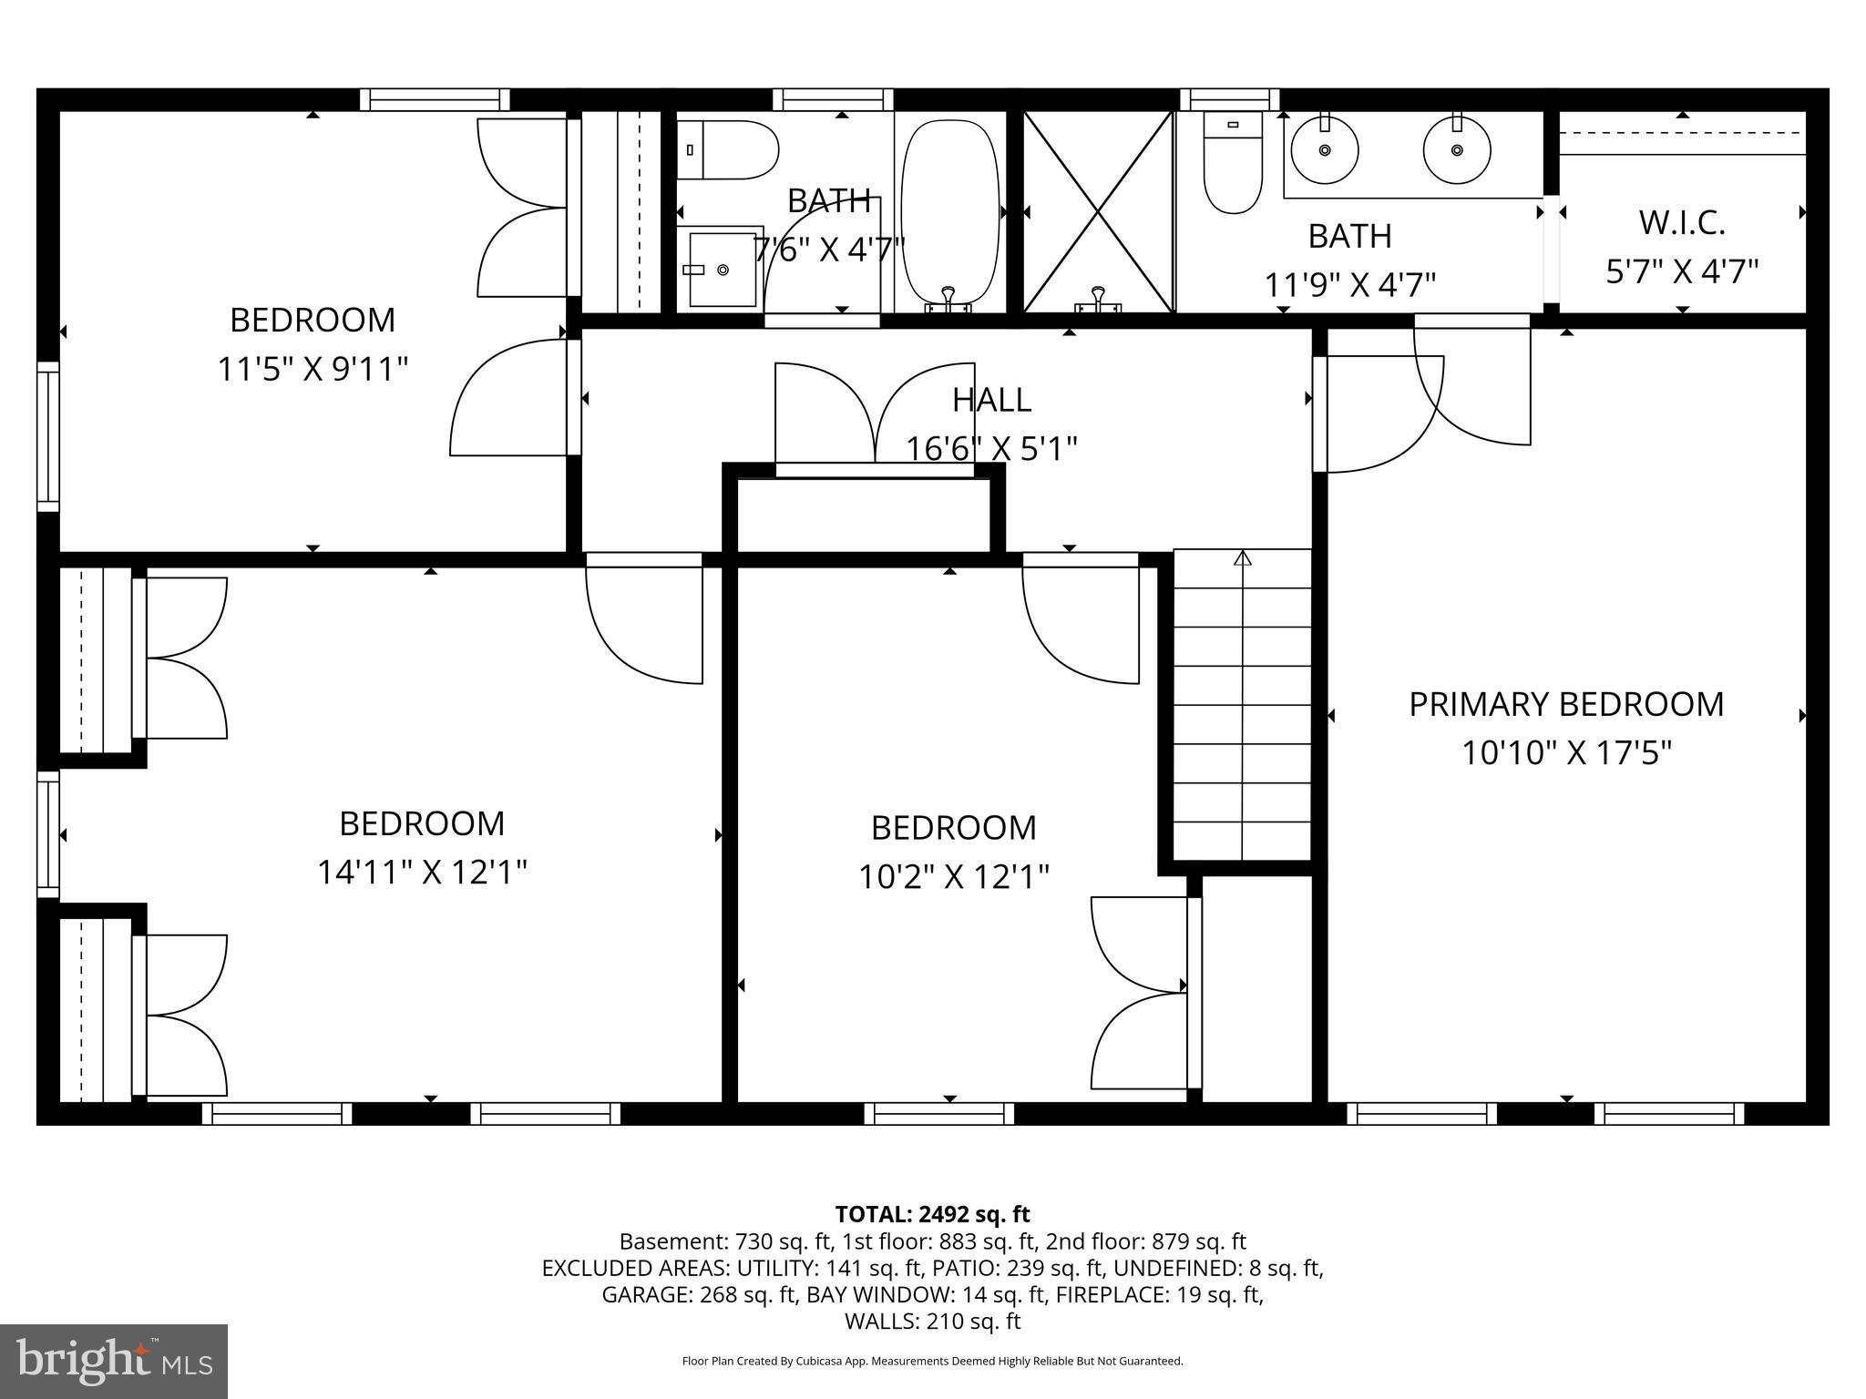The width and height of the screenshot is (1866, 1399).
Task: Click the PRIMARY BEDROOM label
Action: pyautogui.click(x=1565, y=704)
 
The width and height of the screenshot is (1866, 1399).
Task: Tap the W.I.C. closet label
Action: pyautogui.click(x=1682, y=222)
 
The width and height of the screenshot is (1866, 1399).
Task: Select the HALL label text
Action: pyautogui.click(x=991, y=400)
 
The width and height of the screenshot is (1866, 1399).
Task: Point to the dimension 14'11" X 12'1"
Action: pyautogui.click(x=422, y=873)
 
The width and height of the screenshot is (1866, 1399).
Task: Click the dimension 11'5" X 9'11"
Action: pyautogui.click(x=313, y=370)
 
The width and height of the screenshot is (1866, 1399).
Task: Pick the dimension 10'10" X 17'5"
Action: pyautogui.click(x=1566, y=753)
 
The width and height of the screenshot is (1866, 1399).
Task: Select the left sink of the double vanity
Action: pyautogui.click(x=1324, y=150)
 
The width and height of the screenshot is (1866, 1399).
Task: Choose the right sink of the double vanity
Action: pyautogui.click(x=1456, y=150)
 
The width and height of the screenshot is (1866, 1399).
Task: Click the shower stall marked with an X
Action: pyautogui.click(x=1098, y=212)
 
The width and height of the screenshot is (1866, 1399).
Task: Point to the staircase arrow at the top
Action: pyautogui.click(x=1242, y=557)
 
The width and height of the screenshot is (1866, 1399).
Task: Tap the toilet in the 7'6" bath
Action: pyautogui.click(x=729, y=149)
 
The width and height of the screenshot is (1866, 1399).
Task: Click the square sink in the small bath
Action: pyautogui.click(x=723, y=270)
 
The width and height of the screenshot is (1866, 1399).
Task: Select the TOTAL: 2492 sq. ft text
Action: pyautogui.click(x=932, y=1214)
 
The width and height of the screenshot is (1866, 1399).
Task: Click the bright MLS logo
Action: pyautogui.click(x=114, y=1361)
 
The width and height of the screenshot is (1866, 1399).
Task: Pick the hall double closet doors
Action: pyautogui.click(x=875, y=414)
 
